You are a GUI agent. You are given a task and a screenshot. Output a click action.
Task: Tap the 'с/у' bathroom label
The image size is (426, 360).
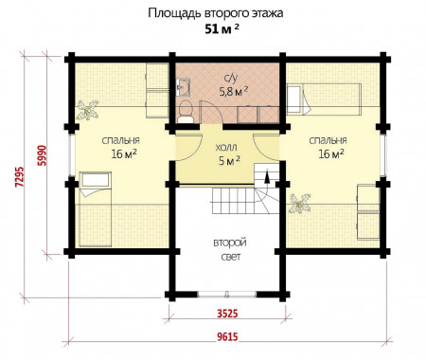230,78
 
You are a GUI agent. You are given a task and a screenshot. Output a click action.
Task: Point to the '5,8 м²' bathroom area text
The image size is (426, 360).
232,92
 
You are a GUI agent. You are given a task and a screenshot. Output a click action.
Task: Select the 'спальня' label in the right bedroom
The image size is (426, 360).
328,136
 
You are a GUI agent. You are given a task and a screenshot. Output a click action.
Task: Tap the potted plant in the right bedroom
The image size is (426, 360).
303,202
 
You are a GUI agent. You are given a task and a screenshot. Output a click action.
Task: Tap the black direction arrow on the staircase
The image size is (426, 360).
266,174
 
